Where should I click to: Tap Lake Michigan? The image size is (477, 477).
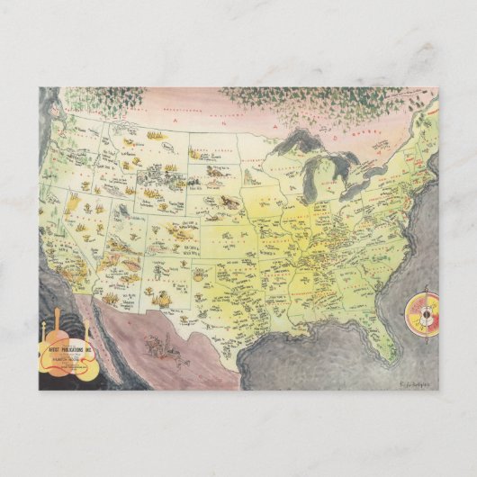[x=310, y=184]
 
